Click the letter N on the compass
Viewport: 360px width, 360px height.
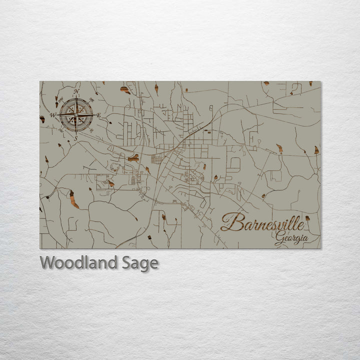click(76, 91)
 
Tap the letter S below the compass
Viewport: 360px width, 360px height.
click(76, 138)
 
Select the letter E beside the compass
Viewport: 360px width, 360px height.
click(98, 115)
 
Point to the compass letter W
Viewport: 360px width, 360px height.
click(52, 115)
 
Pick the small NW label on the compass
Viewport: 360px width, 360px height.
click(60, 99)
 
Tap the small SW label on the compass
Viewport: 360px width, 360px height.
click(60, 130)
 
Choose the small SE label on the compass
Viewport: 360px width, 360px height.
click(91, 130)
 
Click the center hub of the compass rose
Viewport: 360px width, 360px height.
click(76, 115)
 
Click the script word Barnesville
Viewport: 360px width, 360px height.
click(262, 223)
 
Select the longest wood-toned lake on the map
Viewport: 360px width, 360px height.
click(74, 199)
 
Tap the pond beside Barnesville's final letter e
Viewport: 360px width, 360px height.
click(307, 218)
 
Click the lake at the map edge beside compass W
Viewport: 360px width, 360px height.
click(42, 119)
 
